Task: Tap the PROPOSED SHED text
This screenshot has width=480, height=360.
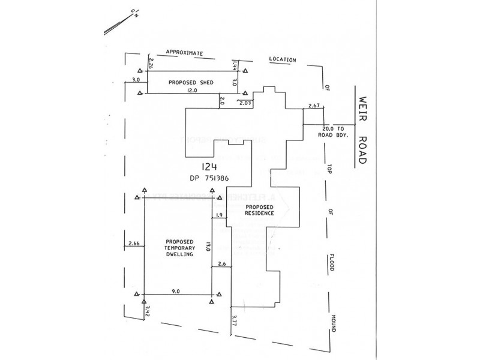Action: [188, 82]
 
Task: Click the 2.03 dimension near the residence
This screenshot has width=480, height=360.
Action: [247, 104]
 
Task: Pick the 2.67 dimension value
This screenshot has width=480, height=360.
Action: [313, 106]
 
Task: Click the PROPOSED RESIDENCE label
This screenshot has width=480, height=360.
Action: [259, 209]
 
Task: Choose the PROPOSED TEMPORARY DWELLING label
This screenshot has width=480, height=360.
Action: [178, 247]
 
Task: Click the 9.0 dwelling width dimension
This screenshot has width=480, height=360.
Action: [176, 291]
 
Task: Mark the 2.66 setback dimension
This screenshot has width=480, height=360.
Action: [134, 244]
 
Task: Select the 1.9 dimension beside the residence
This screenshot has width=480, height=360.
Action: [218, 215]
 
